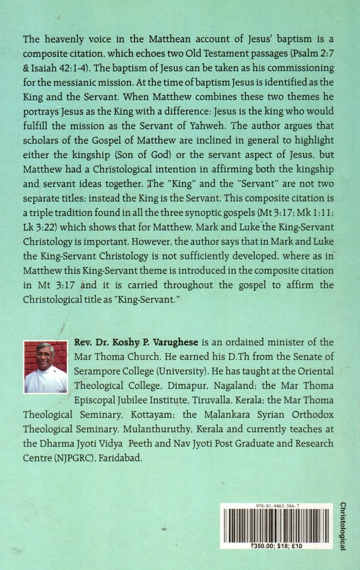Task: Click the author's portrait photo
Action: pos(45,367)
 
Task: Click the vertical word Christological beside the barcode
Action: pos(343,526)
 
